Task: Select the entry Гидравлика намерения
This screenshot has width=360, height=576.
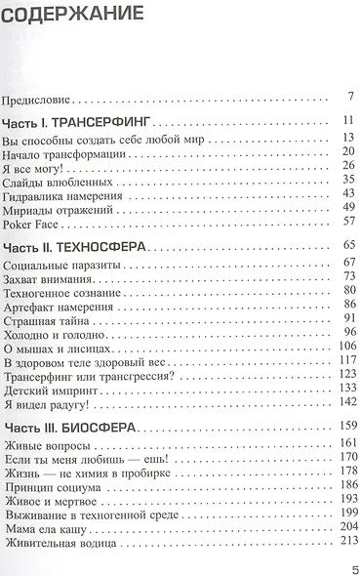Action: tap(62, 192)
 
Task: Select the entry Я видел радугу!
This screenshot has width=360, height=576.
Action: tap(46, 401)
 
